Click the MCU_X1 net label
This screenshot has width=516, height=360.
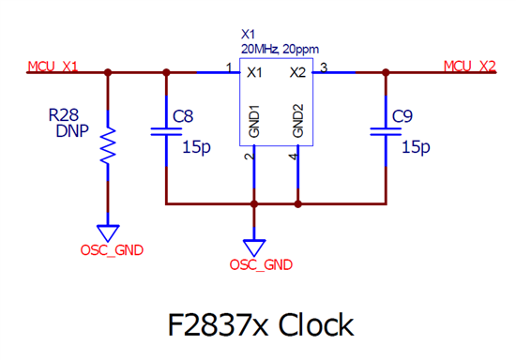(x=53, y=67)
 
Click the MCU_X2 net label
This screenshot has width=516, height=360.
(x=470, y=67)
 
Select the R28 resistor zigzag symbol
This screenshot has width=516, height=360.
(x=108, y=145)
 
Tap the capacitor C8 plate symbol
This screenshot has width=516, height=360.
(x=166, y=132)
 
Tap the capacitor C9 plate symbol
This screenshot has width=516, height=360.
(x=386, y=132)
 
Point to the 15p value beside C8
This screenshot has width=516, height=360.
(x=196, y=147)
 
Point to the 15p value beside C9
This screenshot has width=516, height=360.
(x=416, y=147)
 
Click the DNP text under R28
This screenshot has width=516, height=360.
(x=72, y=131)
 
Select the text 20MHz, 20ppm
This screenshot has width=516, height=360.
(x=281, y=50)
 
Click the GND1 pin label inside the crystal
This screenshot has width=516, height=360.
(x=254, y=121)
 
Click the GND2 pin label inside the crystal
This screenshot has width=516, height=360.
(x=297, y=121)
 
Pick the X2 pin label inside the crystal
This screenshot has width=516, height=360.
(x=297, y=72)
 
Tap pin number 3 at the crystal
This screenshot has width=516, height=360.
(x=324, y=67)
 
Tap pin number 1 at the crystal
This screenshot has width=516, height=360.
(x=229, y=67)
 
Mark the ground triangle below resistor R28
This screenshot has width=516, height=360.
(x=108, y=233)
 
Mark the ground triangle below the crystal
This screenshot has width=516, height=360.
(x=254, y=247)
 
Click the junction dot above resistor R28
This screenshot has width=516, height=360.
(x=108, y=72)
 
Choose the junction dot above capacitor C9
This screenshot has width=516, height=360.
(x=386, y=72)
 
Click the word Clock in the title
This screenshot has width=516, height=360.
(x=316, y=324)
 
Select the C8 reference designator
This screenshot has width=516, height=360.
(x=183, y=116)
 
